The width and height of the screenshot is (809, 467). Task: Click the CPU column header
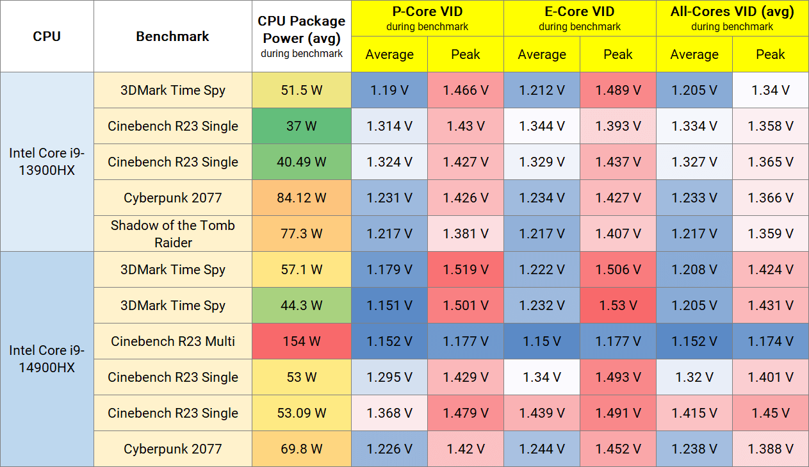47,37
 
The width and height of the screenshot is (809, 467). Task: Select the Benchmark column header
172,37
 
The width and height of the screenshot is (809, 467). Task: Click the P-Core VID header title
427,12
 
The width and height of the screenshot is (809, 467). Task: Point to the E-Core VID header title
580,12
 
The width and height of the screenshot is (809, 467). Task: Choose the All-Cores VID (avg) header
732,12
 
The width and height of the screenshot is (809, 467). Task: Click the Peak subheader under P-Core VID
466,54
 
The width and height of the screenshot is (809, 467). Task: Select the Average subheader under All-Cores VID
694,54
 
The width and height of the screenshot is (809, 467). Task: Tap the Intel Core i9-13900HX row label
47,162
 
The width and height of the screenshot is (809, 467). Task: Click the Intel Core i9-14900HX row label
47,359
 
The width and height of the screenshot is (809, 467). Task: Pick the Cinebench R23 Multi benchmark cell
173,341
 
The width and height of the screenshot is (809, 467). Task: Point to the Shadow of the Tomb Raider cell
173,234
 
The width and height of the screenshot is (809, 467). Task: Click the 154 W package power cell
302,341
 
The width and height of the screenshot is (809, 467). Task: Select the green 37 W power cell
302,126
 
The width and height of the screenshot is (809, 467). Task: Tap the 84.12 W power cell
302,198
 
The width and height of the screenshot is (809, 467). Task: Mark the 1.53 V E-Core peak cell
618,306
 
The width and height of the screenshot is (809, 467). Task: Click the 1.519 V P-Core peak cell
466,270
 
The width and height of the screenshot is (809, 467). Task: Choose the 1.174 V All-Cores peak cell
771,341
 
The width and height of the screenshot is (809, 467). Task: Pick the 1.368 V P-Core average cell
389,413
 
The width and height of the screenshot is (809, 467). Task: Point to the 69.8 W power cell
302,449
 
